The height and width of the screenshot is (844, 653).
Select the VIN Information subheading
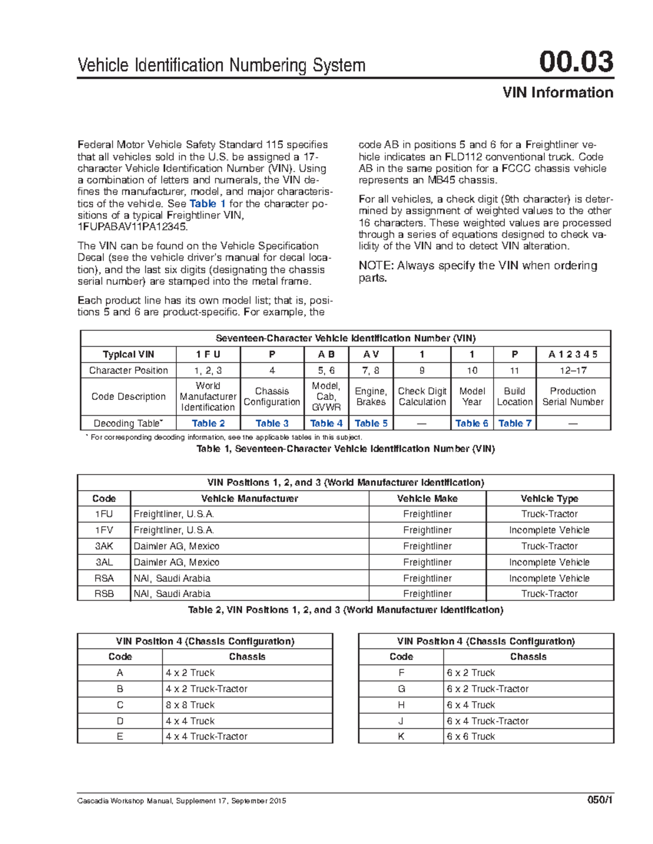pos(558,92)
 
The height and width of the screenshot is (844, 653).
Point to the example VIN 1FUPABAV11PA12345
pos(132,227)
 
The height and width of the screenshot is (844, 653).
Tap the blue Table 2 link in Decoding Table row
pos(208,423)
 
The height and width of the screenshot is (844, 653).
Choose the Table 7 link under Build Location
pos(514,423)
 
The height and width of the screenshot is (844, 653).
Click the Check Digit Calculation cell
pos(422,397)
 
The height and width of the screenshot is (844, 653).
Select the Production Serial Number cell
pos(572,397)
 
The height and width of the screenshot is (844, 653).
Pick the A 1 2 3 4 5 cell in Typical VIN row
pos(572,354)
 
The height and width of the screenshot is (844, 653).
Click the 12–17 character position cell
pos(572,371)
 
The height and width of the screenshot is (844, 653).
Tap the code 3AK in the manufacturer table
pos(104,546)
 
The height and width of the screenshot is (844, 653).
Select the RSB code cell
pos(104,594)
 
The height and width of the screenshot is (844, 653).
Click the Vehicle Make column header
pos(427,498)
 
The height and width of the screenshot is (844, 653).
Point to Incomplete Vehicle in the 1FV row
pos(549,530)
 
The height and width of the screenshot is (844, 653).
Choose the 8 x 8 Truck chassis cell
pos(190,705)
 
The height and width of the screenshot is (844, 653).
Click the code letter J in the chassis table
pos(401,721)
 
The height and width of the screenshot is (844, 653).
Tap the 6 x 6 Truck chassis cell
pos(471,736)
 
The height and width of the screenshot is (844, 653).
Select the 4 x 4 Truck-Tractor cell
pos(206,736)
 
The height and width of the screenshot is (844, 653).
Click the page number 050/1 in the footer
pos(600,801)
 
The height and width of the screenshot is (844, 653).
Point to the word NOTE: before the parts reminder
pos(375,266)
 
